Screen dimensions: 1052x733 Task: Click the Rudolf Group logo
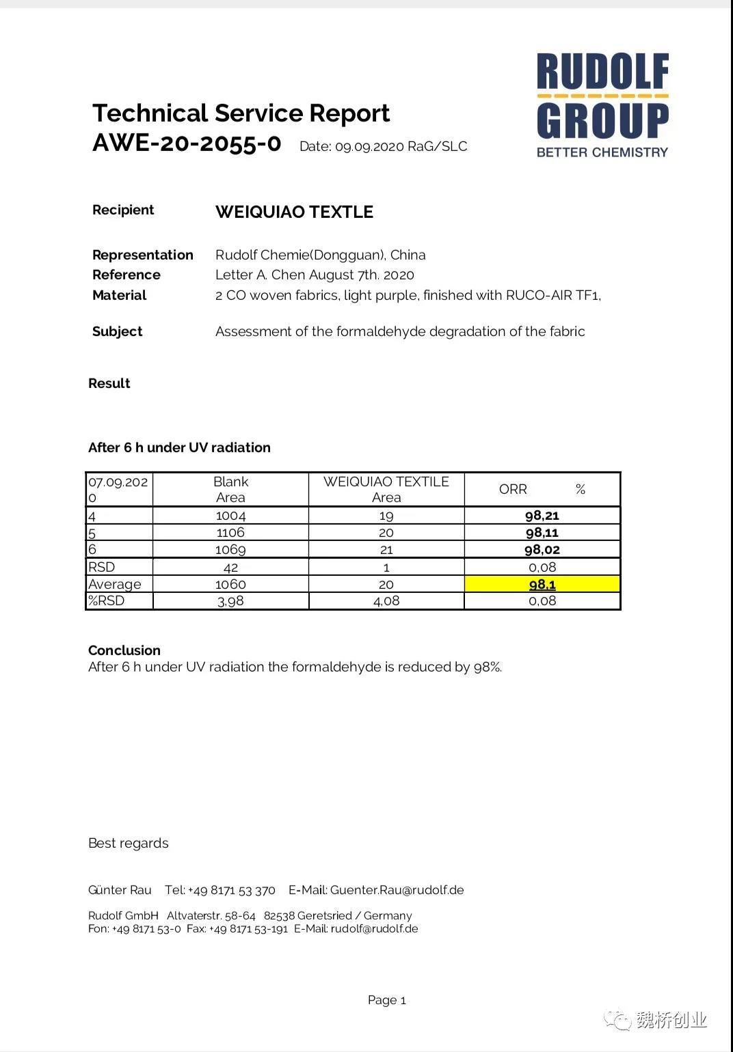(602, 105)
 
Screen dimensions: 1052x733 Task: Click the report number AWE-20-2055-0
(187, 143)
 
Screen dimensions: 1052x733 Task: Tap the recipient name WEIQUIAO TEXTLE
(294, 212)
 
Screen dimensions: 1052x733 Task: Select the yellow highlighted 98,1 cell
(542, 584)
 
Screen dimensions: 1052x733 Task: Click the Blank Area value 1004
(230, 516)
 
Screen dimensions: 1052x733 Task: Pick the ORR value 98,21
(542, 516)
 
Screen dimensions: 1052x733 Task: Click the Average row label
(115, 584)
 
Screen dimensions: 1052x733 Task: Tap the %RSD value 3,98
(230, 601)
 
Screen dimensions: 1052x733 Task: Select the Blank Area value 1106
(230, 533)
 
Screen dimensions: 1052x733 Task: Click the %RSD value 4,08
(386, 601)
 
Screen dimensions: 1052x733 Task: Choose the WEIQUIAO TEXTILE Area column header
(386, 489)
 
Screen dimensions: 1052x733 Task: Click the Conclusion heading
(124, 650)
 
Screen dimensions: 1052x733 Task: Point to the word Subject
(118, 331)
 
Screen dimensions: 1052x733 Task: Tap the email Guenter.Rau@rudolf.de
(397, 890)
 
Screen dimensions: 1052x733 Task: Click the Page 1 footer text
(387, 1000)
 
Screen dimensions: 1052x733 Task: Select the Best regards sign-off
(129, 843)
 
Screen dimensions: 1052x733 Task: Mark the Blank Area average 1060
(230, 584)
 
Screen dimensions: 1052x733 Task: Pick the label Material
(120, 295)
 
